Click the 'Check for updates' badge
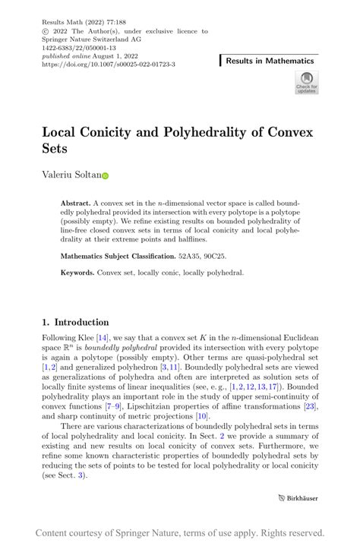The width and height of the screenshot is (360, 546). [306, 83]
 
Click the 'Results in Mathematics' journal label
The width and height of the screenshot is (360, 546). [269, 61]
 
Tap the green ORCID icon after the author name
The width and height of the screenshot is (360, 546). [106, 175]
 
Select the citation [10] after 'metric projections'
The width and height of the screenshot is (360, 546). [202, 416]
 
